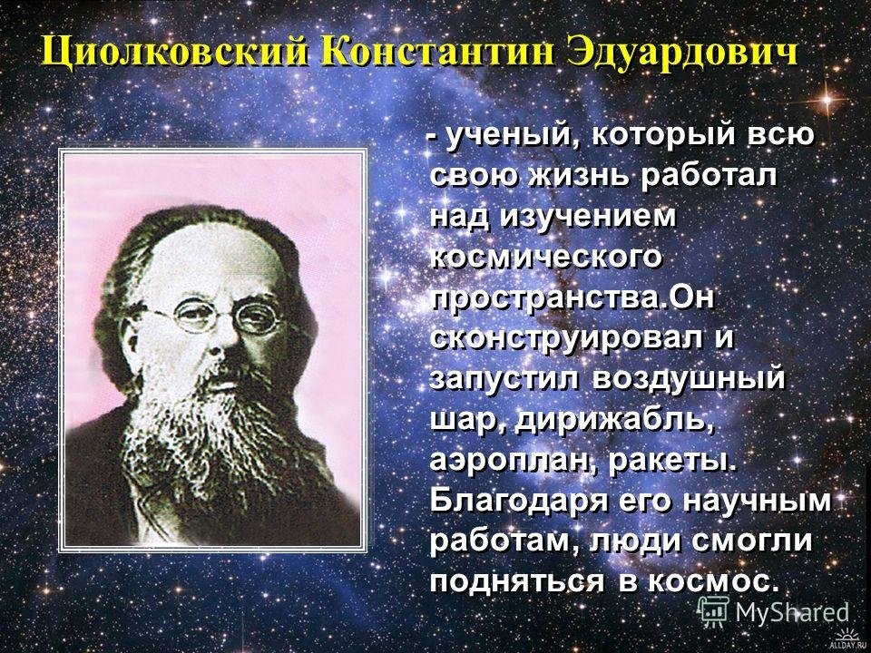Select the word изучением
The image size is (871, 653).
click(x=589, y=217)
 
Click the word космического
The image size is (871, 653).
click(x=546, y=258)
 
